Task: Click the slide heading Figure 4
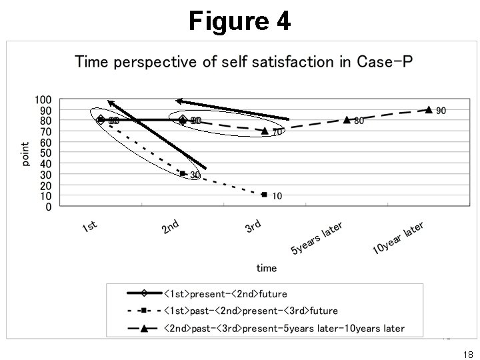click(x=239, y=21)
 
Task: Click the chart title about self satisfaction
click(x=244, y=63)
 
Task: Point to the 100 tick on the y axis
click(x=43, y=99)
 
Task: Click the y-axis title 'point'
click(x=25, y=154)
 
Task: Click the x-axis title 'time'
click(x=266, y=268)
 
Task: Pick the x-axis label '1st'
click(x=90, y=228)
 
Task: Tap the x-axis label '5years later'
click(x=317, y=239)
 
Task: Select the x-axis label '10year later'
click(x=398, y=239)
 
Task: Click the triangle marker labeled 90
click(x=429, y=110)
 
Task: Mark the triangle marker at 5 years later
click(x=347, y=120)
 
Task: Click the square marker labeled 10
click(x=265, y=195)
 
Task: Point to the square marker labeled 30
click(x=182, y=173)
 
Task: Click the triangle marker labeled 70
click(x=265, y=131)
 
